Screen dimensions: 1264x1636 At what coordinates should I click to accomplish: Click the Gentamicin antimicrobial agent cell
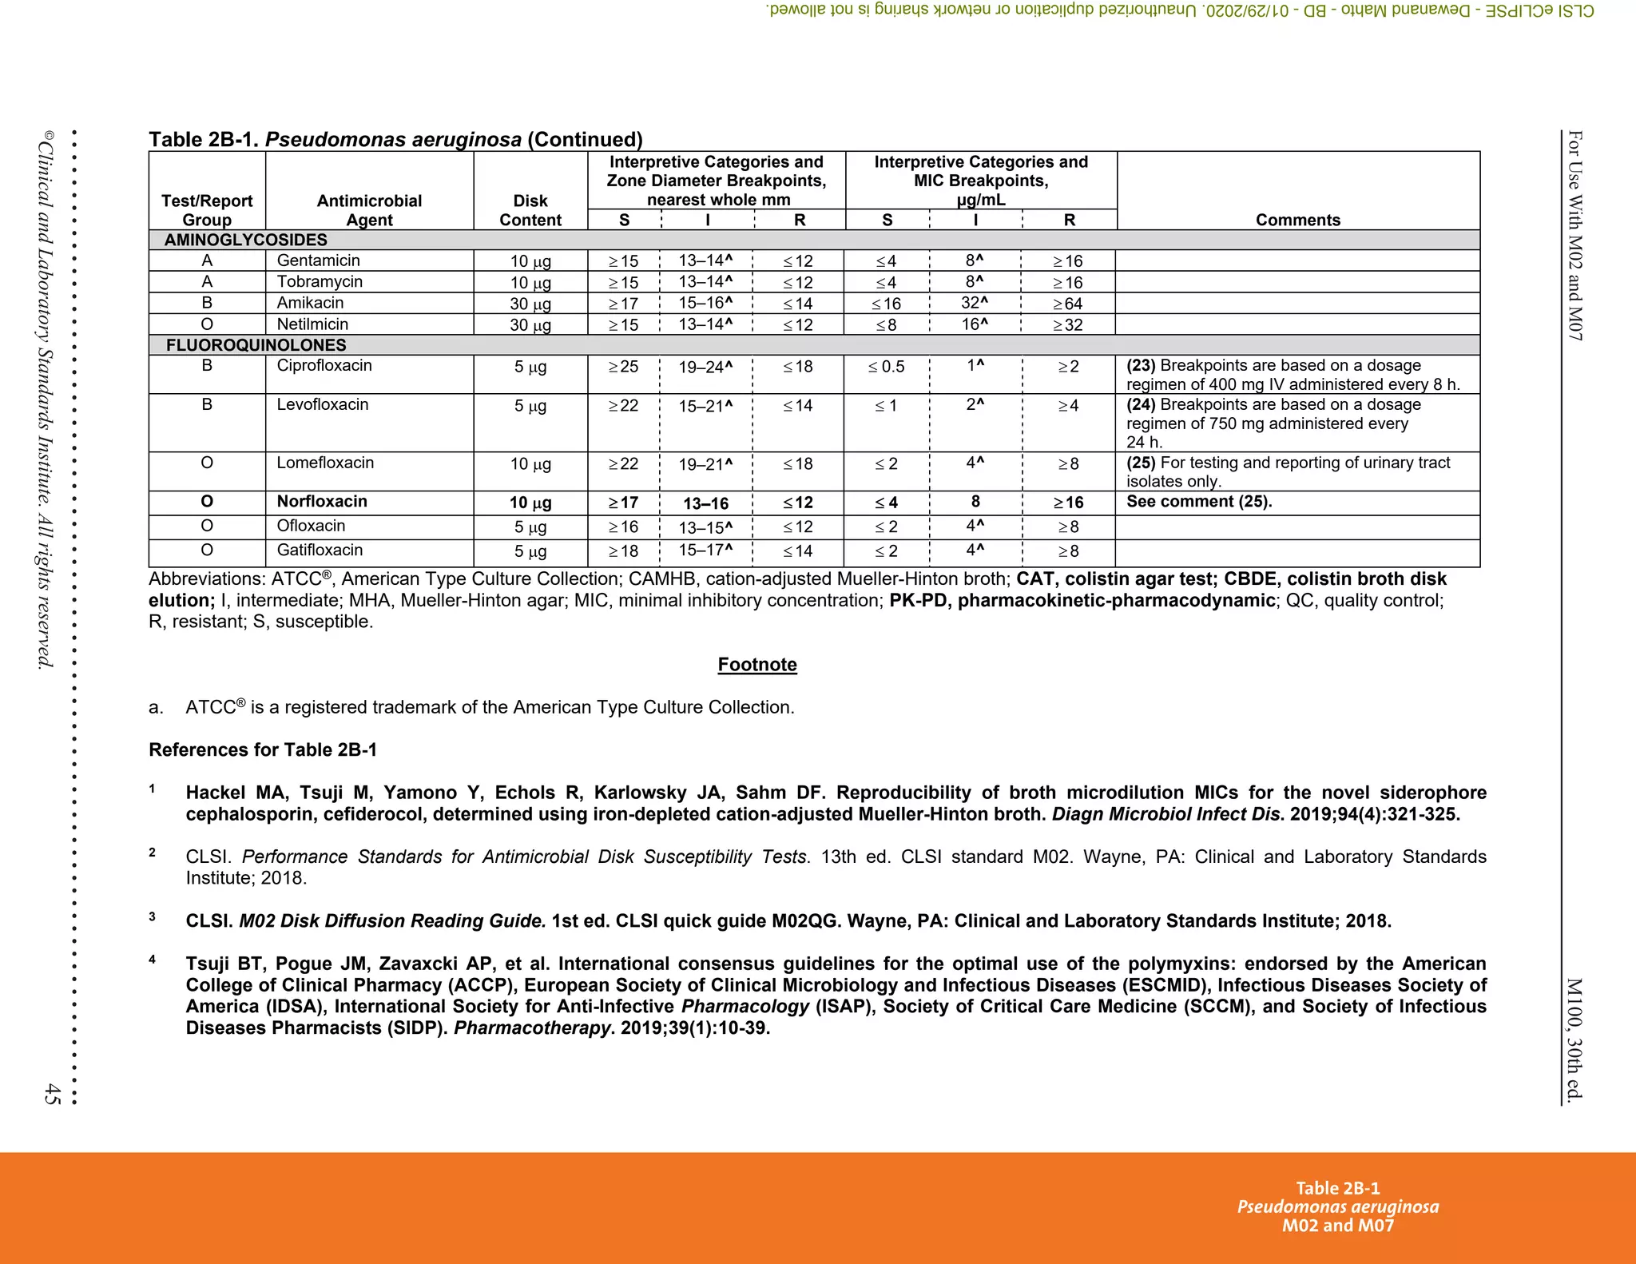pos(318,260)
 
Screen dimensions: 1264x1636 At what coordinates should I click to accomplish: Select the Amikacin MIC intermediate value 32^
pos(974,303)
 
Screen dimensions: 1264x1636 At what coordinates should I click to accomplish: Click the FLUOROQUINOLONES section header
pos(256,345)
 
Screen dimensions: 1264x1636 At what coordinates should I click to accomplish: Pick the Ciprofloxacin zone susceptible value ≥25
pos(623,367)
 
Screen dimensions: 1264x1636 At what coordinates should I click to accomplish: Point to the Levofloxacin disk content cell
pos(530,406)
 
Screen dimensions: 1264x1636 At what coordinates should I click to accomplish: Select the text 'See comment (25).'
pos(1198,502)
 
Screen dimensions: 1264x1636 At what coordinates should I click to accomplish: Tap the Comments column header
pos(1297,220)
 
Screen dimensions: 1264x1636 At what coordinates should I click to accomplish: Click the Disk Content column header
pos(530,210)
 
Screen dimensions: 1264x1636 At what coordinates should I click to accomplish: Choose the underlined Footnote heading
pos(756,665)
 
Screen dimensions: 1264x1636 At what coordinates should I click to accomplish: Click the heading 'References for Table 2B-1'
pos(263,749)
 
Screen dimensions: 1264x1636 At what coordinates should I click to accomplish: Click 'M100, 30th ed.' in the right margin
pos(1573,1039)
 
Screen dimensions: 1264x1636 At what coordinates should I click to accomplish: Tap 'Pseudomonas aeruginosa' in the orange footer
pos(1337,1206)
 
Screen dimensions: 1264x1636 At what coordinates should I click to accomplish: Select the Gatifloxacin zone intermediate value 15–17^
pos(705,551)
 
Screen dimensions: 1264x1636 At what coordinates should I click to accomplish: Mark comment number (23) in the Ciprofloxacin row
pos(1141,366)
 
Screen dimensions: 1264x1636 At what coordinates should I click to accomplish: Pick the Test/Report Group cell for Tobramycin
pos(207,281)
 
